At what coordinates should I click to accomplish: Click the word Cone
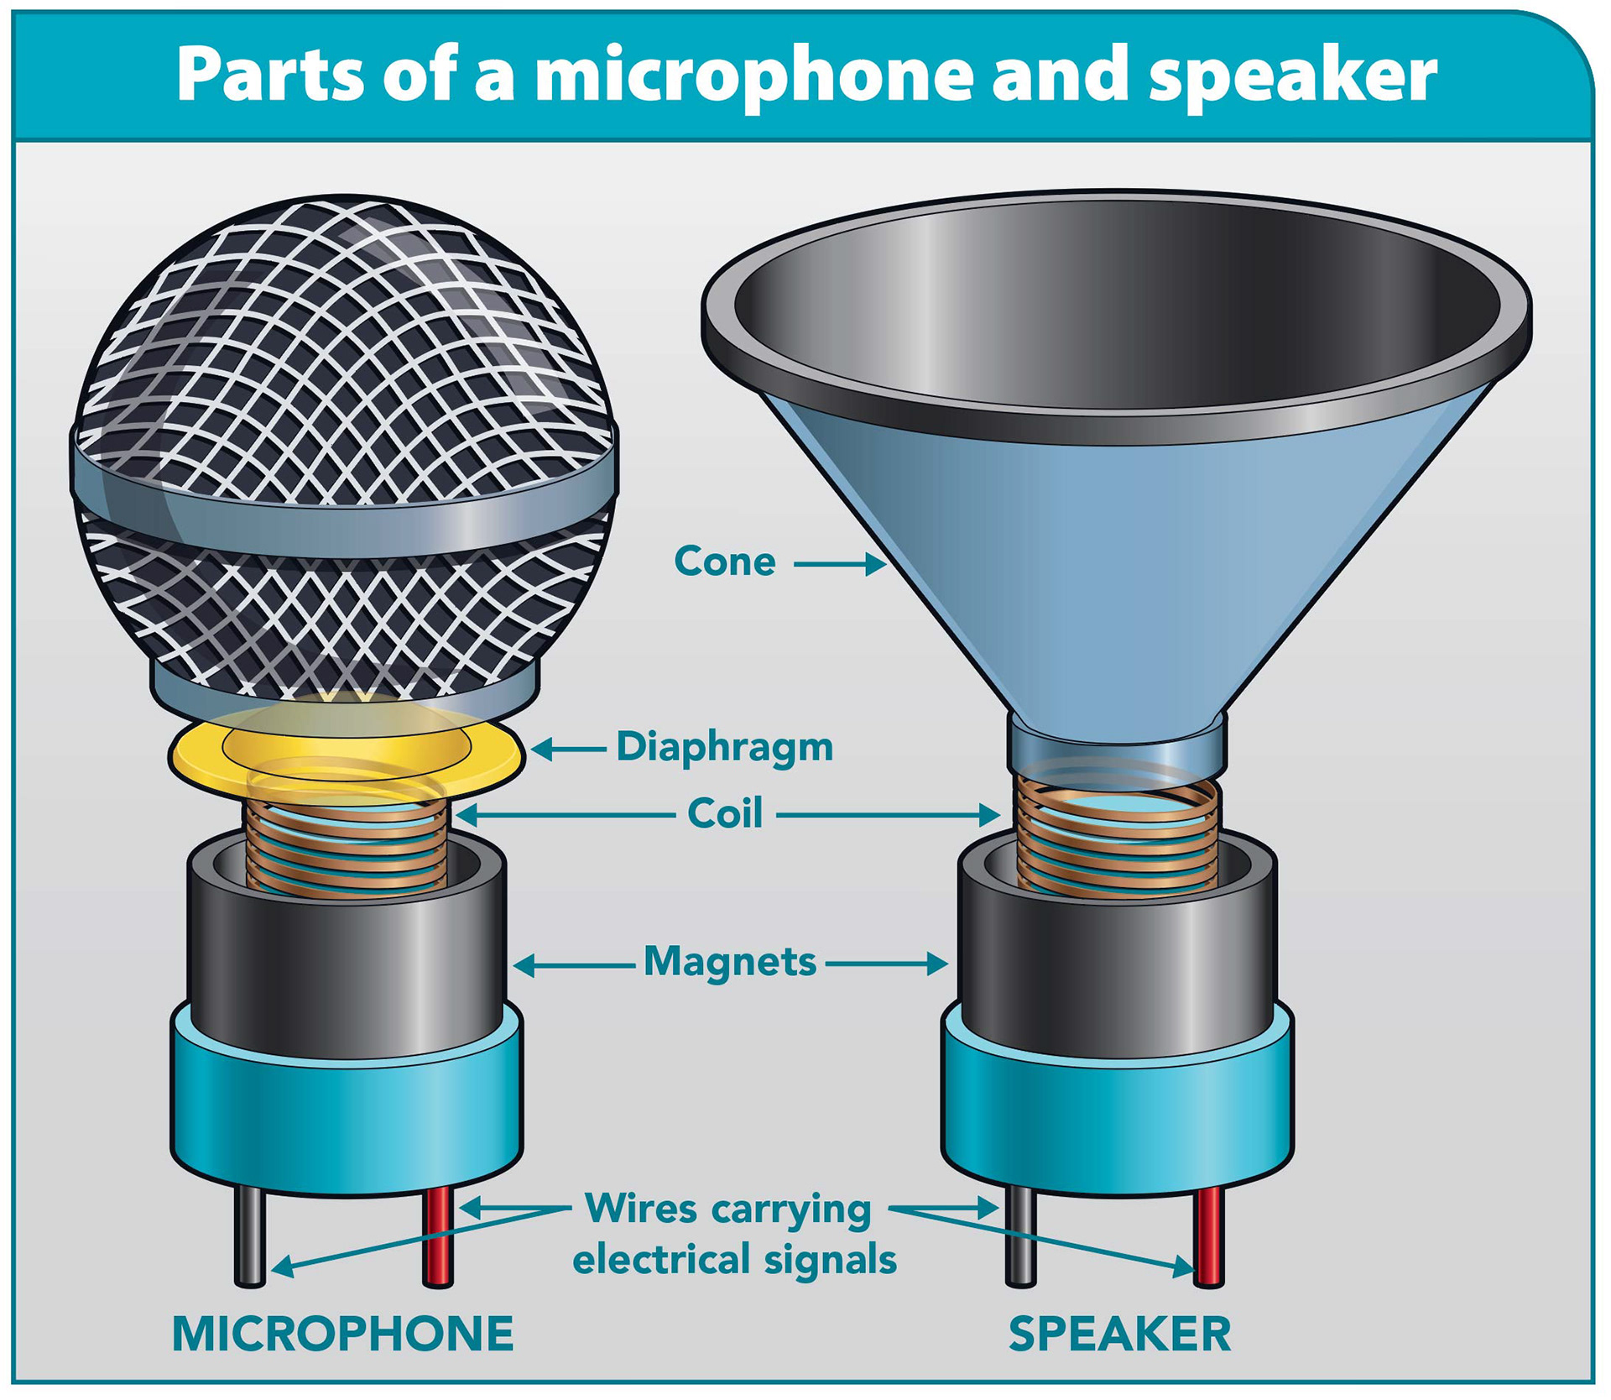[724, 562]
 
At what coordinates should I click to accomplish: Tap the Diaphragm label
[725, 746]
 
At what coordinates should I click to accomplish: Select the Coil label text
[725, 813]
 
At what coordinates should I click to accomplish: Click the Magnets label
[729, 962]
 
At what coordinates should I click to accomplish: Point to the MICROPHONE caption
[342, 1334]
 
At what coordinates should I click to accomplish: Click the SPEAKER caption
[1119, 1334]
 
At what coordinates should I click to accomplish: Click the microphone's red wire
[438, 1238]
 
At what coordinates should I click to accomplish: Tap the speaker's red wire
[1208, 1238]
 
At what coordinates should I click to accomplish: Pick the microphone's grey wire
[249, 1238]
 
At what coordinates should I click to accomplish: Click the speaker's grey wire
[1020, 1238]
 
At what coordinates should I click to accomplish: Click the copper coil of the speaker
[1116, 839]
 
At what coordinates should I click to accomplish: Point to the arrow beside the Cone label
[839, 564]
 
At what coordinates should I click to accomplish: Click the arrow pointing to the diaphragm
[567, 748]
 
